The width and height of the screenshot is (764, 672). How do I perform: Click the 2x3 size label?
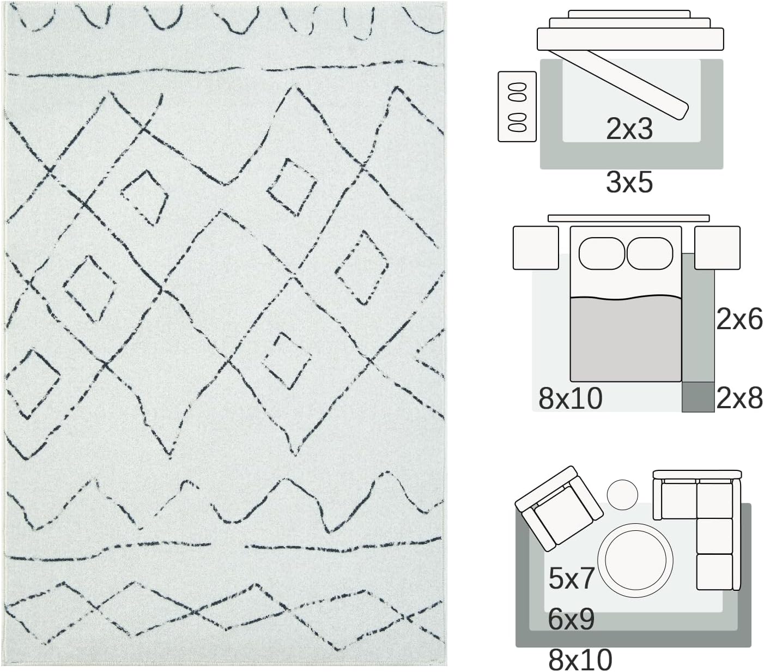(x=629, y=129)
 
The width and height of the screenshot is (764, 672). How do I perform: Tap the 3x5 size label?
(x=629, y=183)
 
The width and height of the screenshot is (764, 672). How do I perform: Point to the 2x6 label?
(x=739, y=319)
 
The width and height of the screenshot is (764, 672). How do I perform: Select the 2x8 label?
(x=739, y=398)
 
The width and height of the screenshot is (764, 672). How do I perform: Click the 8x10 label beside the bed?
(x=570, y=398)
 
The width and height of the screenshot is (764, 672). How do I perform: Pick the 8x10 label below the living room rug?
(x=580, y=659)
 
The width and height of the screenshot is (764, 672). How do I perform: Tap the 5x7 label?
(x=571, y=578)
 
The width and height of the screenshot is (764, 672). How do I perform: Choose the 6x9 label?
(x=571, y=619)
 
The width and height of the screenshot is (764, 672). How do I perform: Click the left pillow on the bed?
(x=602, y=253)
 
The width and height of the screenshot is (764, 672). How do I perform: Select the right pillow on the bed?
(x=650, y=253)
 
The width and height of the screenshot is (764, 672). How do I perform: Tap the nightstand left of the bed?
(x=536, y=248)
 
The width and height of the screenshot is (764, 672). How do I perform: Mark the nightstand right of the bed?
(x=717, y=248)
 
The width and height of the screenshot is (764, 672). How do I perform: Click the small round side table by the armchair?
(x=622, y=494)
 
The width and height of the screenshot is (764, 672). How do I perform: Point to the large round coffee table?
(x=635, y=560)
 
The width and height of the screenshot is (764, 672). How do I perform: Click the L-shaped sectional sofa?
(x=697, y=530)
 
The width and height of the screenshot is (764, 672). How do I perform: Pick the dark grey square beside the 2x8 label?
(x=698, y=397)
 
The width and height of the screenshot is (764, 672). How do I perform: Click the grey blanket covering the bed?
(x=626, y=338)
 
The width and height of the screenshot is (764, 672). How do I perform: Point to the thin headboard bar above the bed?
(x=628, y=218)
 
